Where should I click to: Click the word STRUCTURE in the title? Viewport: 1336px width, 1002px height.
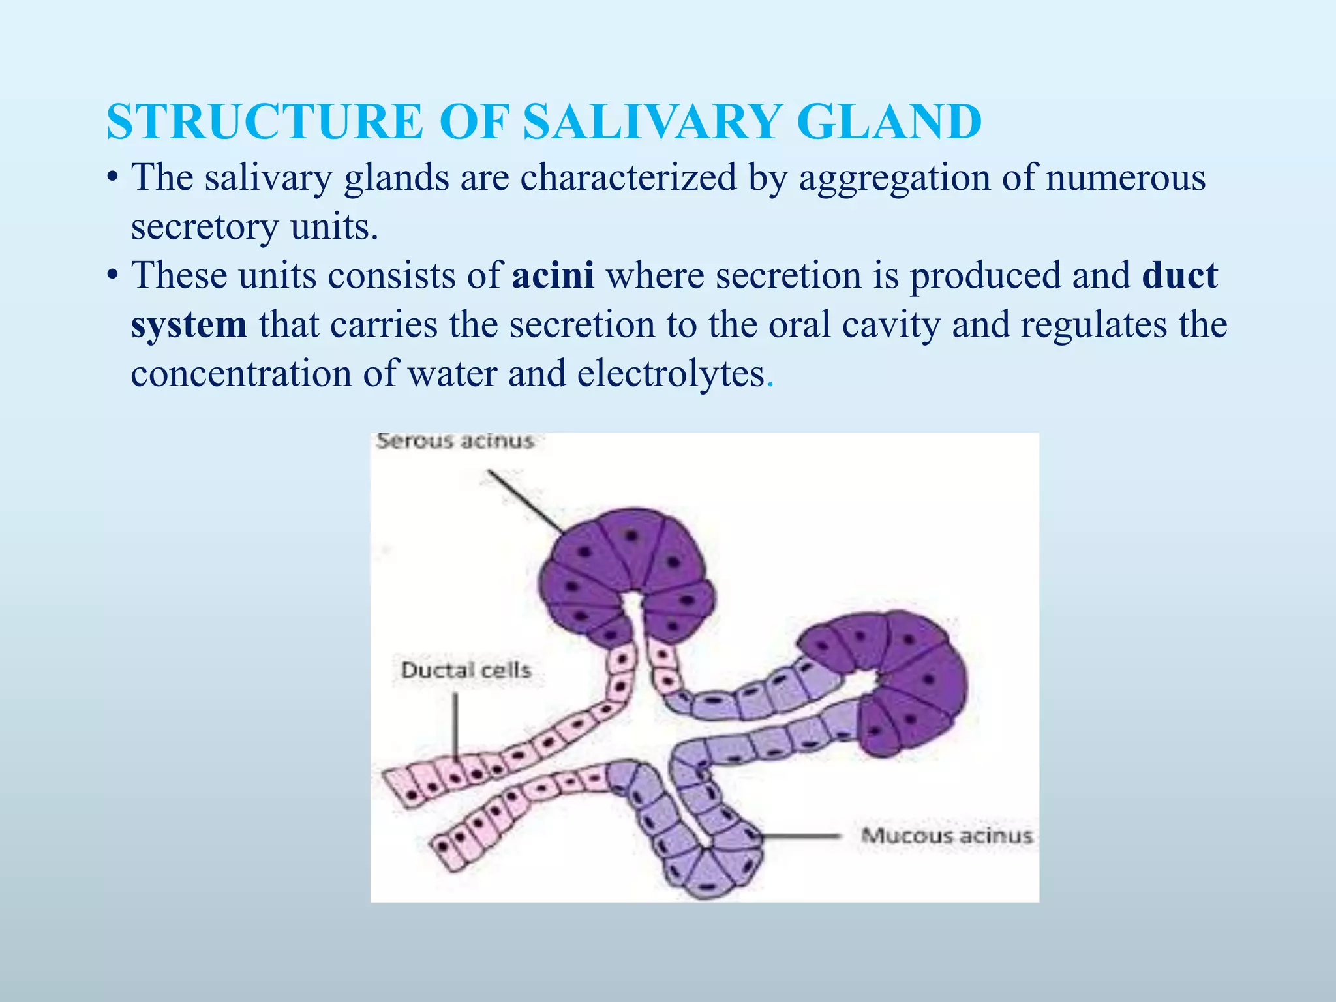[x=265, y=122]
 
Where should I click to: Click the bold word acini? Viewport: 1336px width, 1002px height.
[x=553, y=275]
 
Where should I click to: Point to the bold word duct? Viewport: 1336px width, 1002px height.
[x=1179, y=275]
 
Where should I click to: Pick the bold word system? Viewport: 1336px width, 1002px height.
[x=189, y=325]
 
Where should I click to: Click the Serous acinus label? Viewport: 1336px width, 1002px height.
[x=455, y=441]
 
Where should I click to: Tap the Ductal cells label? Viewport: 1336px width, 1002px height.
[x=466, y=670]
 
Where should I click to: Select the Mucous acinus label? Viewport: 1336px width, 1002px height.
[x=947, y=836]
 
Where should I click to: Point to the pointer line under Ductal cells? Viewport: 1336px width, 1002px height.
[x=455, y=724]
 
